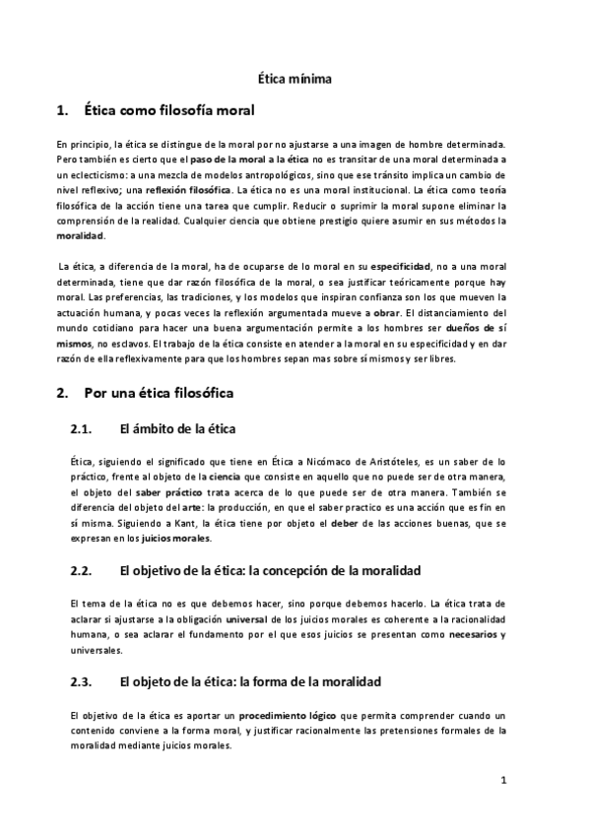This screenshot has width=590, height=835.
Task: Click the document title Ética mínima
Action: coord(295,77)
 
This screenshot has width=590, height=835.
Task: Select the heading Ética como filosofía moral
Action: coord(169,109)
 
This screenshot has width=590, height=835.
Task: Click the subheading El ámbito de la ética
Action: coord(176,428)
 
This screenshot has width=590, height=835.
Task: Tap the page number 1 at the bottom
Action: coord(502,782)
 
